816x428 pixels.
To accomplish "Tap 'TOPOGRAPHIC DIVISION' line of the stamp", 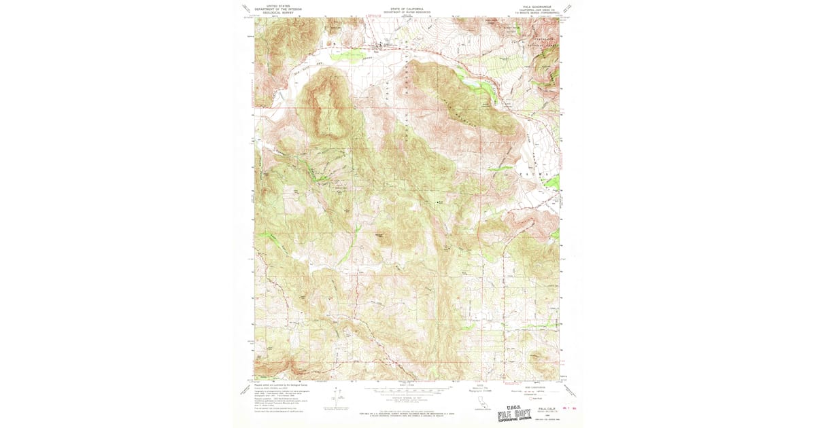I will click(515, 420).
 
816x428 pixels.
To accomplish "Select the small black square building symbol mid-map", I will click(437, 201).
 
